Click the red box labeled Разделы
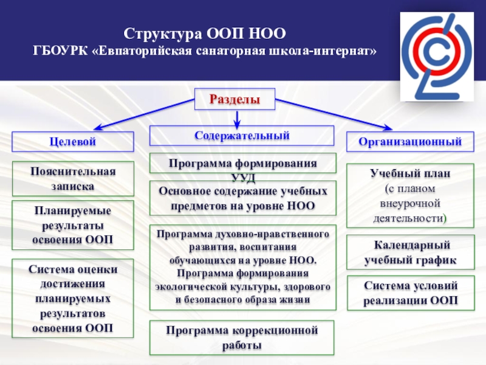coord(234,99)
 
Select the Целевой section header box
coord(73,141)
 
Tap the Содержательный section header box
coord(242,135)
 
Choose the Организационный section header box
coord(410,141)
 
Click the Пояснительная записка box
coord(73,178)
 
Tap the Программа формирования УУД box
coord(242,164)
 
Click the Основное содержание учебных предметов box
coord(242,198)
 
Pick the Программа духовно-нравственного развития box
coord(242,266)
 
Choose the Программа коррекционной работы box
coord(242,337)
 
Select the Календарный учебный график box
coord(410,253)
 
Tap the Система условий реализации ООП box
coord(410,293)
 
